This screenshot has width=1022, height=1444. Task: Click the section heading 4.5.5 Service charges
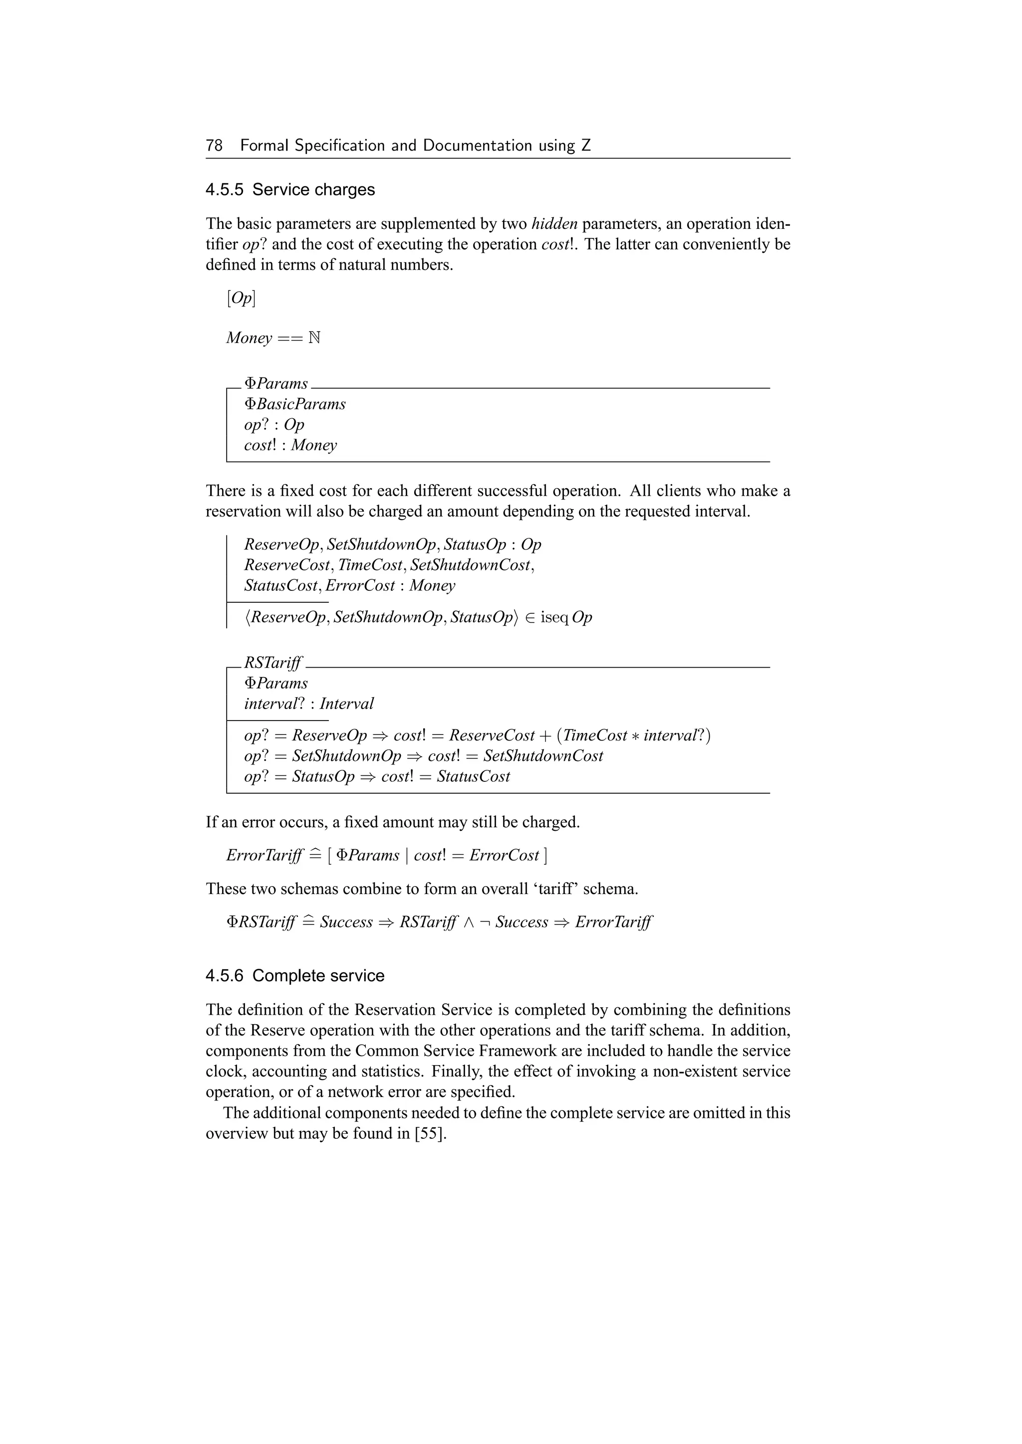(290, 190)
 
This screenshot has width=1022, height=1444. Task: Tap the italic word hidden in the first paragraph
(554, 224)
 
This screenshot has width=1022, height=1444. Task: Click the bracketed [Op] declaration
(241, 298)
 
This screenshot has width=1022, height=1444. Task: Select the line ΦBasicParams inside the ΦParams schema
(294, 404)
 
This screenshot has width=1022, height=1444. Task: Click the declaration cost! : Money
(290, 445)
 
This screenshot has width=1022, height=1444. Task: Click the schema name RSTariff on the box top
(272, 663)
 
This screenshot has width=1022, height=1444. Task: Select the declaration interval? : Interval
(308, 704)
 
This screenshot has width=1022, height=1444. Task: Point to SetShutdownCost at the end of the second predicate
(543, 756)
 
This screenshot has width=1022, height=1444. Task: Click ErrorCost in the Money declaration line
(360, 585)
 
